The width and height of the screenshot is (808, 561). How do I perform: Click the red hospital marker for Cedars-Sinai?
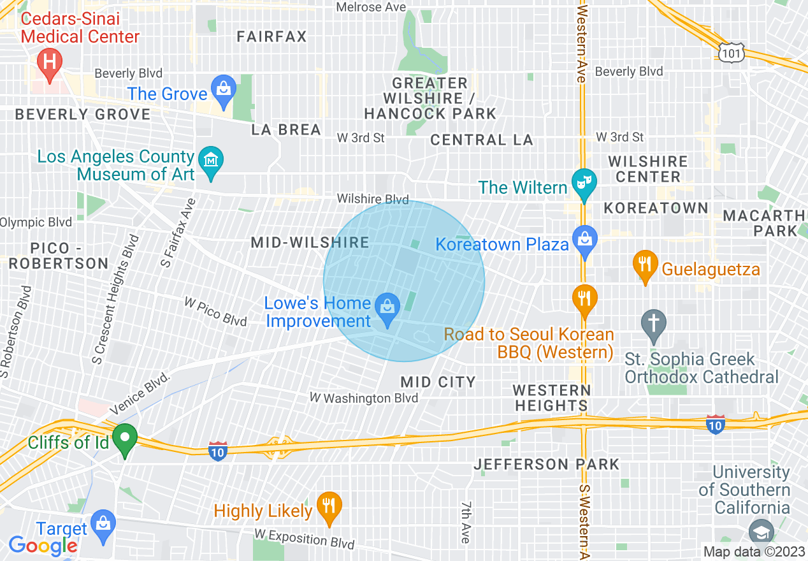click(49, 62)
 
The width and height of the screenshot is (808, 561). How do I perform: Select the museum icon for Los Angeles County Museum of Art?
click(210, 159)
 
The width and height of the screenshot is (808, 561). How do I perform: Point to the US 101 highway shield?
click(730, 53)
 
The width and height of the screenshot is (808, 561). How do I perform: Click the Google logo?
click(43, 546)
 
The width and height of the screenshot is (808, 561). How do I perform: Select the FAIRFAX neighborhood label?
click(271, 36)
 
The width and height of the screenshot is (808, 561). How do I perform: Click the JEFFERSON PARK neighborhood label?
click(546, 464)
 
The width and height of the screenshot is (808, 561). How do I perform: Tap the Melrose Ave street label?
click(370, 7)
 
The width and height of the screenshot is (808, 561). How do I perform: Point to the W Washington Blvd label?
click(363, 398)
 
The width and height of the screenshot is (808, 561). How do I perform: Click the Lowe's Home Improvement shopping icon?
click(386, 307)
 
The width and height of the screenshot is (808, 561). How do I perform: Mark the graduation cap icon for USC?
click(761, 531)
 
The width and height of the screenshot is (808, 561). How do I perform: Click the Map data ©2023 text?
click(754, 551)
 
